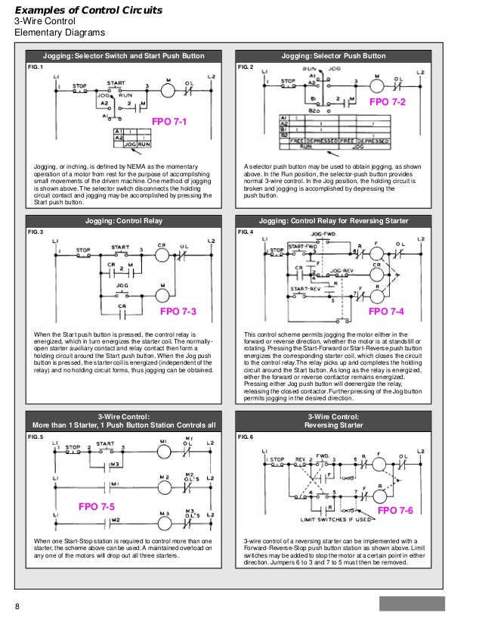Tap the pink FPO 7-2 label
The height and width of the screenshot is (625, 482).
[x=387, y=101]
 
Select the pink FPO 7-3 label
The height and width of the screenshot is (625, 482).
[x=178, y=312]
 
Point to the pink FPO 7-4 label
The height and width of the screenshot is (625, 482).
[x=386, y=312]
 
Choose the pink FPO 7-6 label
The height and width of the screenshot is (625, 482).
[x=396, y=510]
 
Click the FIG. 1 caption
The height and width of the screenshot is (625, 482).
[x=36, y=67]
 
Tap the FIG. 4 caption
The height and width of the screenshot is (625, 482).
[x=246, y=231]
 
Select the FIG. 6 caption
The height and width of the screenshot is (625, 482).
[x=246, y=437]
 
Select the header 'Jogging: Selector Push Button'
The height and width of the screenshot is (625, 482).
[x=333, y=56]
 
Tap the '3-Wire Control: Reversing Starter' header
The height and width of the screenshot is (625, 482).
[x=333, y=421]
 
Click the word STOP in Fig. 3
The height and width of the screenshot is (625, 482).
[x=83, y=249]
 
